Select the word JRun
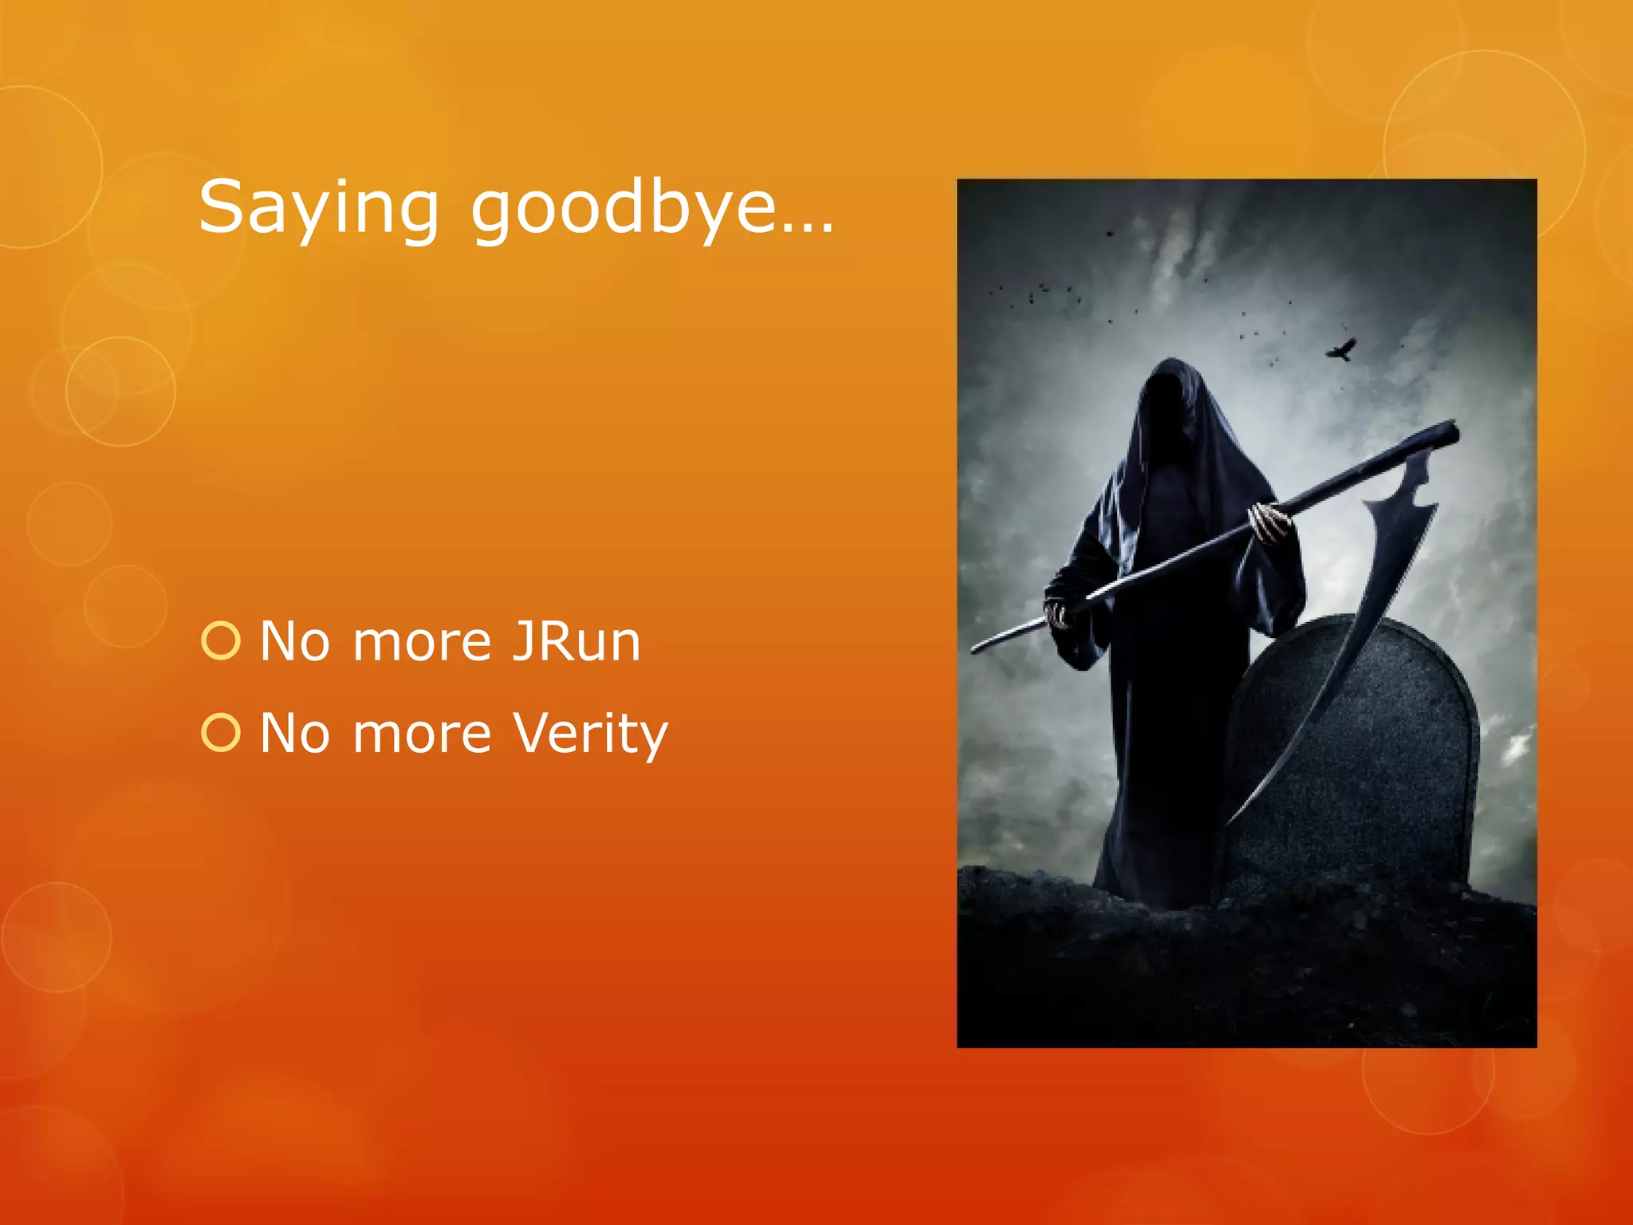576,641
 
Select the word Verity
590,734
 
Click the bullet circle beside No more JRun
221,641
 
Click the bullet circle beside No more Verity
221,734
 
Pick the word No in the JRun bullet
294,641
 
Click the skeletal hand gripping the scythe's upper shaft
1269,522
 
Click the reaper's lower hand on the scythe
1060,614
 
